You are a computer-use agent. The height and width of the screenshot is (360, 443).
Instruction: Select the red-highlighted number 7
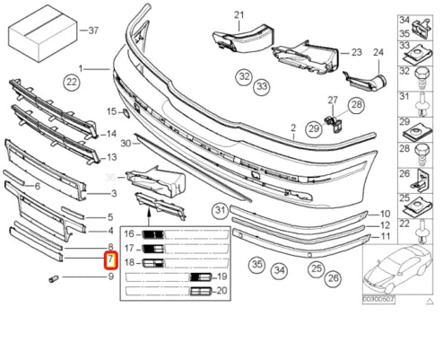(110, 261)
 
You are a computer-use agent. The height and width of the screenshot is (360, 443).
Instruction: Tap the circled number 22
(72, 83)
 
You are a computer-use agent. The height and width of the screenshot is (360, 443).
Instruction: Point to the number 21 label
(239, 15)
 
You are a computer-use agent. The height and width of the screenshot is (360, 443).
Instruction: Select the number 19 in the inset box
(221, 277)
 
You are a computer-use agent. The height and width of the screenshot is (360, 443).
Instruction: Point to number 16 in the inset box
(130, 233)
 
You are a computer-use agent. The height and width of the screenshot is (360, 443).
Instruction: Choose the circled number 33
(261, 87)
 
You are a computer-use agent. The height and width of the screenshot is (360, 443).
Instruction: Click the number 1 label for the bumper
(80, 67)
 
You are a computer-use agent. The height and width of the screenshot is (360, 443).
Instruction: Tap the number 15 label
(112, 111)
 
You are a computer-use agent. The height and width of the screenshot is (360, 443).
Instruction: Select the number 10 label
(385, 215)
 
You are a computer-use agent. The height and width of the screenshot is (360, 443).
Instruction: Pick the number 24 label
(378, 52)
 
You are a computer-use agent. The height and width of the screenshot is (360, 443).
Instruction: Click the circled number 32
(243, 76)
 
